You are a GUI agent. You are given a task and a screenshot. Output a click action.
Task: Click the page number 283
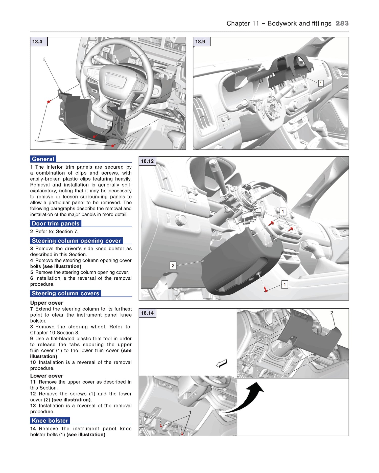(x=342, y=23)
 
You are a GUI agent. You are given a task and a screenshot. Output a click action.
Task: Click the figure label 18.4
(x=37, y=42)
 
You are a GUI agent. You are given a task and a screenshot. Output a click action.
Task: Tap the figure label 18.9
(x=200, y=42)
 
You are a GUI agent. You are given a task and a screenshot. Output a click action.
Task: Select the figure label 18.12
(x=147, y=161)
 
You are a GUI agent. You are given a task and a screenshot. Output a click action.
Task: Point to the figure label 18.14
(x=147, y=313)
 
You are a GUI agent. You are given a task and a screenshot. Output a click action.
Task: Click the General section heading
(x=43, y=159)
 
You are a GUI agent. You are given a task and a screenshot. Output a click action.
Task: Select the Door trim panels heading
(x=56, y=223)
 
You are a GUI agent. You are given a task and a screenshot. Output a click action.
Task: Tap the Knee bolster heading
(x=50, y=421)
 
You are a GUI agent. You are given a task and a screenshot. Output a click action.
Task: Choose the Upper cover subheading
(x=46, y=303)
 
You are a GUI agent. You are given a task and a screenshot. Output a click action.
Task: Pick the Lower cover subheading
(x=46, y=376)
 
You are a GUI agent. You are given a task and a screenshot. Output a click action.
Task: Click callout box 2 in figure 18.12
(x=173, y=265)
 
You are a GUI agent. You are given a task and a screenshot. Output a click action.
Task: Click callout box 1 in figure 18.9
(x=321, y=83)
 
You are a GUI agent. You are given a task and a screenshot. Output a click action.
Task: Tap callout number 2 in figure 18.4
(x=44, y=59)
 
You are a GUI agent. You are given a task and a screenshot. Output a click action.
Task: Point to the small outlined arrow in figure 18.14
(x=222, y=364)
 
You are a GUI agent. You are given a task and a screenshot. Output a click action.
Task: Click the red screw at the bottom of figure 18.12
(x=265, y=289)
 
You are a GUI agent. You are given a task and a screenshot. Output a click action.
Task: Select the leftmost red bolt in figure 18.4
(x=49, y=101)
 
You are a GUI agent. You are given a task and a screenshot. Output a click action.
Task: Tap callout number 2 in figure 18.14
(x=332, y=313)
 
